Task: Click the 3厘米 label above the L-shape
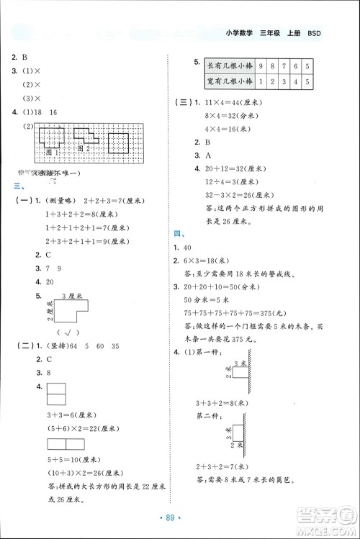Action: click(x=69, y=296)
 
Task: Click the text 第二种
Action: click(x=208, y=415)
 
